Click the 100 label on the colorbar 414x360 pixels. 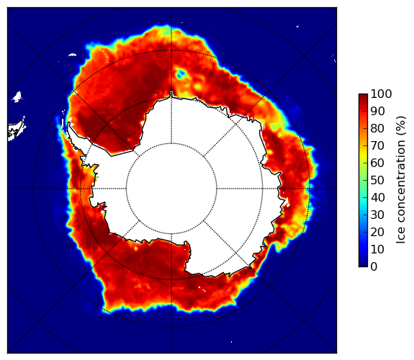pyautogui.click(x=381, y=94)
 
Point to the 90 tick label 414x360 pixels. pyautogui.click(x=377, y=111)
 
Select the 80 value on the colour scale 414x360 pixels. pyautogui.click(x=377, y=128)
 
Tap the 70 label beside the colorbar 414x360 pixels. pyautogui.click(x=377, y=145)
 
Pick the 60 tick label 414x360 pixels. pyautogui.click(x=377, y=163)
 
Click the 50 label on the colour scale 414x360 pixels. pyautogui.click(x=377, y=181)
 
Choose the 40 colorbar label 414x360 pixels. pyautogui.click(x=377, y=197)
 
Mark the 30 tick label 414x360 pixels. pyautogui.click(x=377, y=215)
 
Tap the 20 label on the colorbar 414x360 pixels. pyautogui.click(x=377, y=232)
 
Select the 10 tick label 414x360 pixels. pyautogui.click(x=377, y=249)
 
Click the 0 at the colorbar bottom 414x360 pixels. pyautogui.click(x=374, y=267)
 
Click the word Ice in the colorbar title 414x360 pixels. pyautogui.click(x=401, y=237)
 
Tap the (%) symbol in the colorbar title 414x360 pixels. pyautogui.click(x=401, y=126)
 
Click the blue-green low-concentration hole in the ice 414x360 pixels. pyautogui.click(x=181, y=73)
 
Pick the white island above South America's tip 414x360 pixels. pyautogui.click(x=17, y=96)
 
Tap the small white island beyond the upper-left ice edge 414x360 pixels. pyautogui.click(x=72, y=55)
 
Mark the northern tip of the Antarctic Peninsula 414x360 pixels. pyautogui.click(x=69, y=123)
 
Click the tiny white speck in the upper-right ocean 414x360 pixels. pyautogui.click(x=297, y=26)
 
